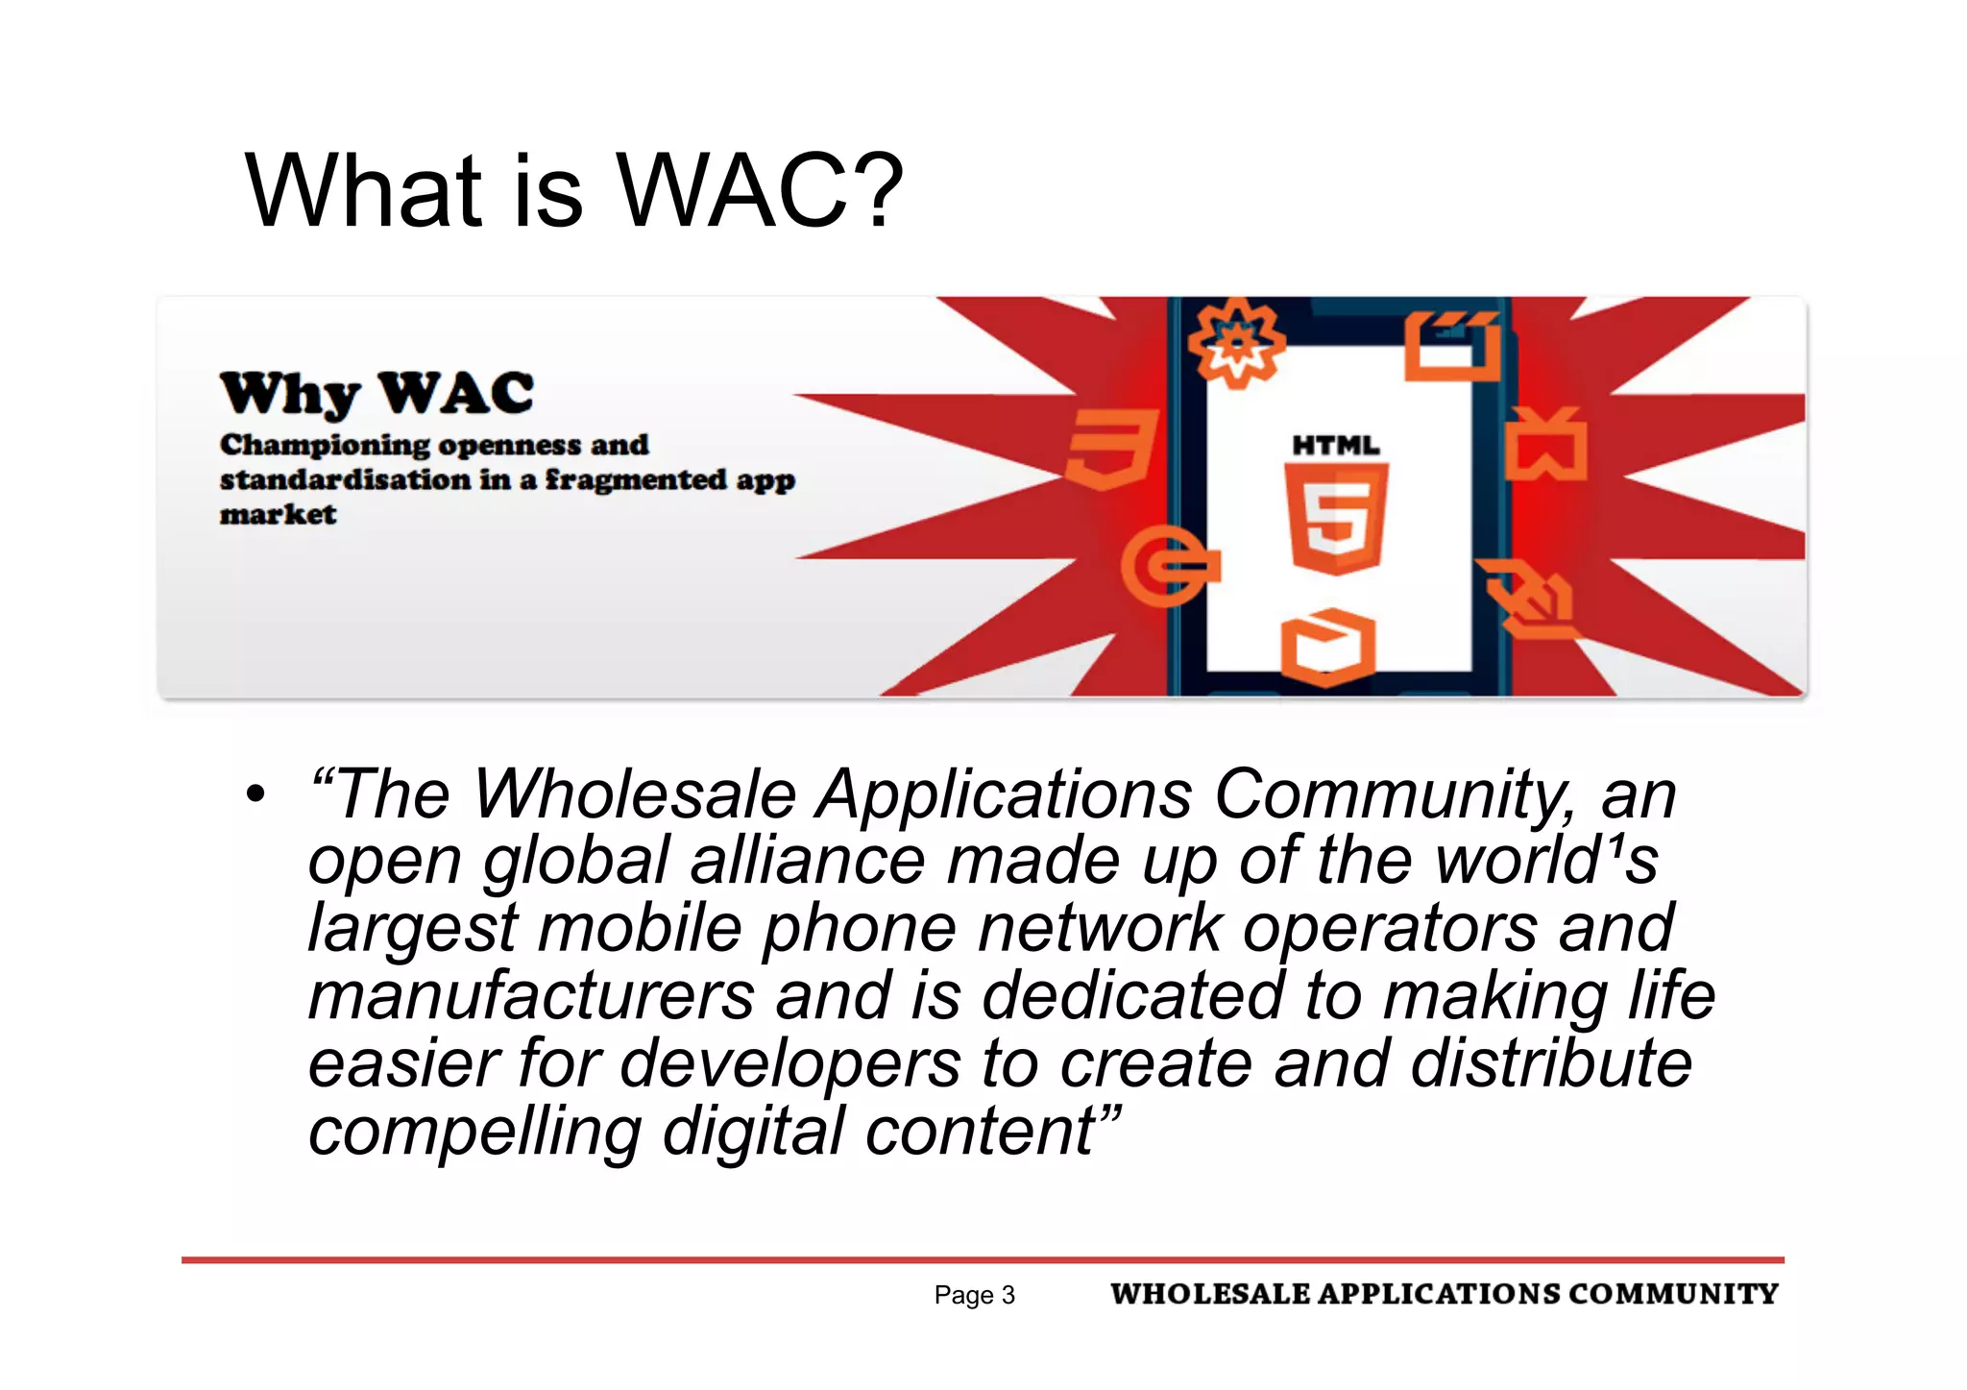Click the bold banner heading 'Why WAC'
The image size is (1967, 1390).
(x=376, y=394)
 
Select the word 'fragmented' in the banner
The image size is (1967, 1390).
(x=636, y=479)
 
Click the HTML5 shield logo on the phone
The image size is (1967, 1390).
(x=1336, y=517)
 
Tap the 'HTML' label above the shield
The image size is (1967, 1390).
(x=1335, y=446)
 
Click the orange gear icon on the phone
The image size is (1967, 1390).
(x=1236, y=343)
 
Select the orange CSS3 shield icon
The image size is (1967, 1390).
(x=1110, y=448)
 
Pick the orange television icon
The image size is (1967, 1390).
(x=1544, y=445)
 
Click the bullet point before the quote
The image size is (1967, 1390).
(x=255, y=795)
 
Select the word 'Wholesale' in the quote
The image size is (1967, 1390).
(x=635, y=795)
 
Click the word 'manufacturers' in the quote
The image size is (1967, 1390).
(x=531, y=996)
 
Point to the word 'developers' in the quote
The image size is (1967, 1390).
(x=789, y=1063)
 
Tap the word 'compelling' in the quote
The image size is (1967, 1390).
(x=474, y=1132)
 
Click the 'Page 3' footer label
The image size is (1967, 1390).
(x=974, y=1295)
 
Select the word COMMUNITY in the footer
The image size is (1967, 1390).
(x=1673, y=1294)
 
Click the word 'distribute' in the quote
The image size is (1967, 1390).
(x=1550, y=1063)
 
